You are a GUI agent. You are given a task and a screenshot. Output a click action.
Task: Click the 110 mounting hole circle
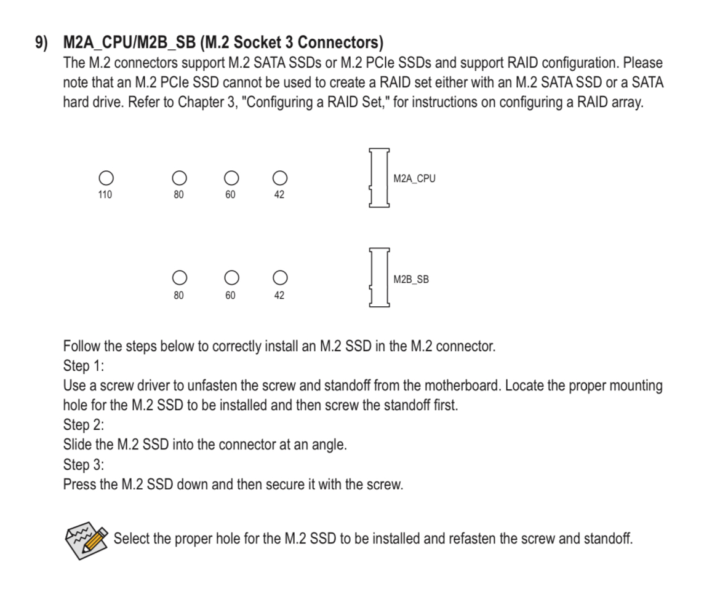[105, 178]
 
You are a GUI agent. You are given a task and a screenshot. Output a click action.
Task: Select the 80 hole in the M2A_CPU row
[178, 178]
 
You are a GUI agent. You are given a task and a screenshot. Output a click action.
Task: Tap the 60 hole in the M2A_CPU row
[230, 178]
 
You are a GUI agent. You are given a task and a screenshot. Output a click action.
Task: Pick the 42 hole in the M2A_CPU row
[279, 178]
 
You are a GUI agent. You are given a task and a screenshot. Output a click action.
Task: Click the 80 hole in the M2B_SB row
[178, 278]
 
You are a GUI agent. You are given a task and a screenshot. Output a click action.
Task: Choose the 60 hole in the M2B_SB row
[230, 278]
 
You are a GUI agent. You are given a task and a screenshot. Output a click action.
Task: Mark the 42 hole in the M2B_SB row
[279, 278]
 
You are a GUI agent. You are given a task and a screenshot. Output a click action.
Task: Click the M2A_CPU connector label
[414, 179]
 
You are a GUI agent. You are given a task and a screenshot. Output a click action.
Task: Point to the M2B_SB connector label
[411, 279]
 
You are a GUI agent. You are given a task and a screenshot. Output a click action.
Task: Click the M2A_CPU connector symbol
[378, 178]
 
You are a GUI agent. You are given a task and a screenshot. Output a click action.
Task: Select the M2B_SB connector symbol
[378, 278]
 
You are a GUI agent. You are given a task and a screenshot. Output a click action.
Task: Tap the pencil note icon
[87, 539]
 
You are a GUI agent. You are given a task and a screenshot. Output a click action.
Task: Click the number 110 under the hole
[105, 195]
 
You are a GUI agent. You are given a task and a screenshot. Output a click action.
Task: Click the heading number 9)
[41, 44]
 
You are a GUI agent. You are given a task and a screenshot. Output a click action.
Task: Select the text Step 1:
[83, 366]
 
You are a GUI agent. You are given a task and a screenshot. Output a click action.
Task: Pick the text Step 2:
[83, 425]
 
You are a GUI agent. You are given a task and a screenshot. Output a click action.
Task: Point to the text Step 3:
[83, 464]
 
